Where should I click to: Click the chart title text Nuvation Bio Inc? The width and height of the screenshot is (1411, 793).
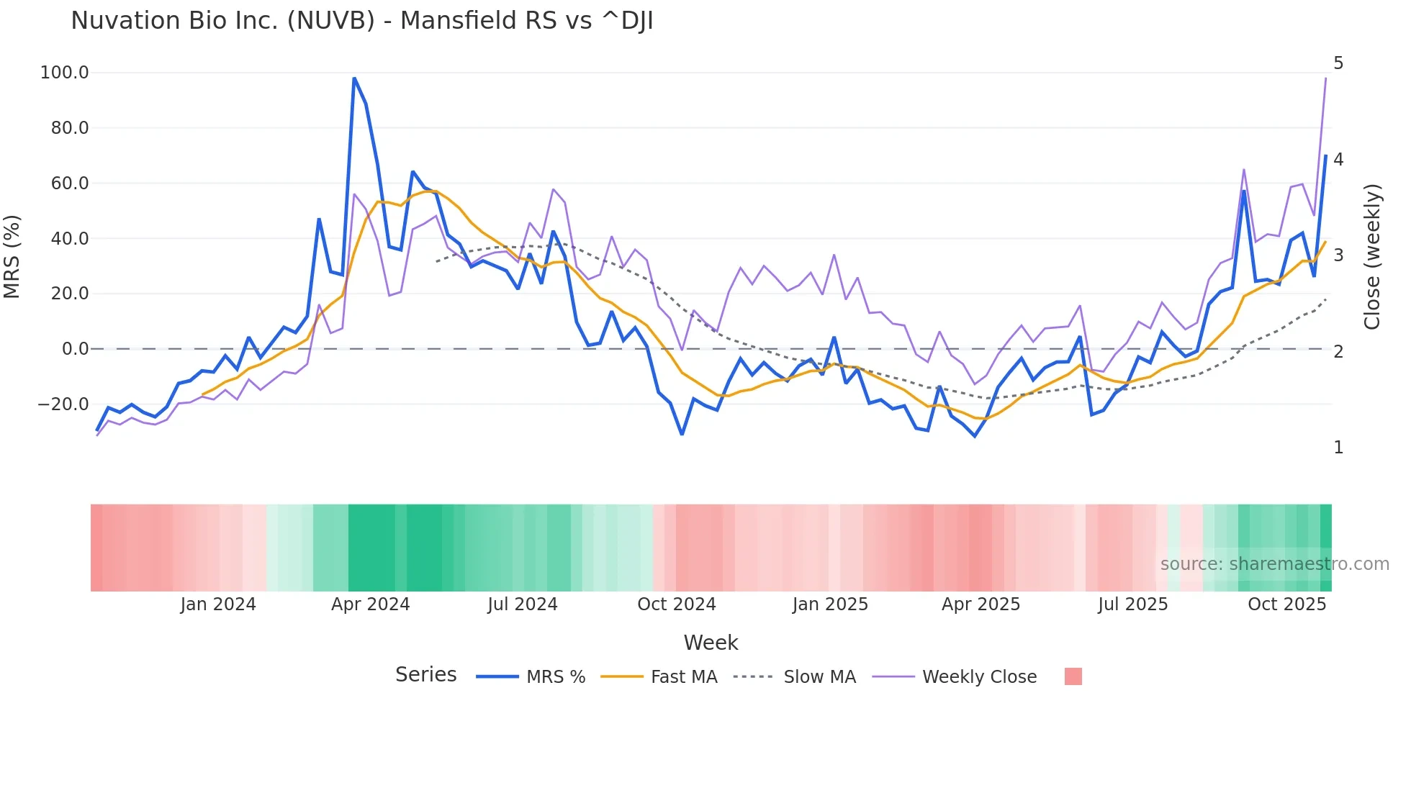pyautogui.click(x=361, y=21)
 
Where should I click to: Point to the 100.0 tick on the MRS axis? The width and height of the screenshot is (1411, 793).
pyautogui.click(x=65, y=73)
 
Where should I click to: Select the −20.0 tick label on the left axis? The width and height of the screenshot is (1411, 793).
pyautogui.click(x=63, y=404)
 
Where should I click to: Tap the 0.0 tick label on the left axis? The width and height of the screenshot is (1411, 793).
pyautogui.click(x=75, y=349)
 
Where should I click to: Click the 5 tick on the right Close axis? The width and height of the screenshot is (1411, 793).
pyautogui.click(x=1338, y=63)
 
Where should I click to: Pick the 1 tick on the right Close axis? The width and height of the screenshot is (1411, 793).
pyautogui.click(x=1338, y=448)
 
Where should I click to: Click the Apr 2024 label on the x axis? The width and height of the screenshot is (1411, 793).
pyautogui.click(x=370, y=604)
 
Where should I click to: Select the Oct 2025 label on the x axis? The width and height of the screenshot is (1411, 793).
pyautogui.click(x=1286, y=604)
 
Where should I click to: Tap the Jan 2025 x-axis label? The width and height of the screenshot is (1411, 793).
pyautogui.click(x=830, y=604)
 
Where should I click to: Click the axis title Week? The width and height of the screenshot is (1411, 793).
pyautogui.click(x=711, y=643)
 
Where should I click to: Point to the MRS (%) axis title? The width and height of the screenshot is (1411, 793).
pyautogui.click(x=12, y=256)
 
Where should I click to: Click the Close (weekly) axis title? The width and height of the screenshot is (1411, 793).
pyautogui.click(x=1372, y=256)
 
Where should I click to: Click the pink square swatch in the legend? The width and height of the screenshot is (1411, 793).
pyautogui.click(x=1073, y=676)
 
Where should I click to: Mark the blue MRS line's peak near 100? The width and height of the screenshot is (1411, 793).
pyautogui.click(x=354, y=78)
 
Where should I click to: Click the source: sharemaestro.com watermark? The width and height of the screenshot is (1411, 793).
pyautogui.click(x=1274, y=564)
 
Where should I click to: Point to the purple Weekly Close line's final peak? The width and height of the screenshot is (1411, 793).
pyautogui.click(x=1325, y=78)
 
